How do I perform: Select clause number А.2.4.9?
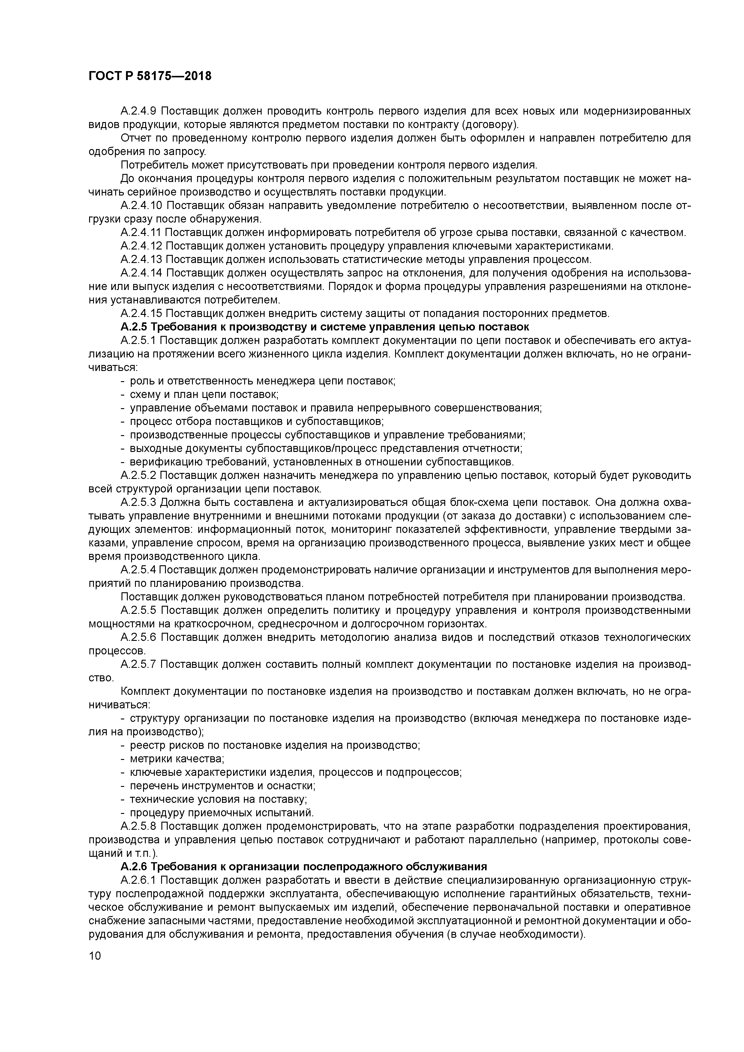138,111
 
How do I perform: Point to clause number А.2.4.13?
141,259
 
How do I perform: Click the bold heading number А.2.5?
134,327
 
